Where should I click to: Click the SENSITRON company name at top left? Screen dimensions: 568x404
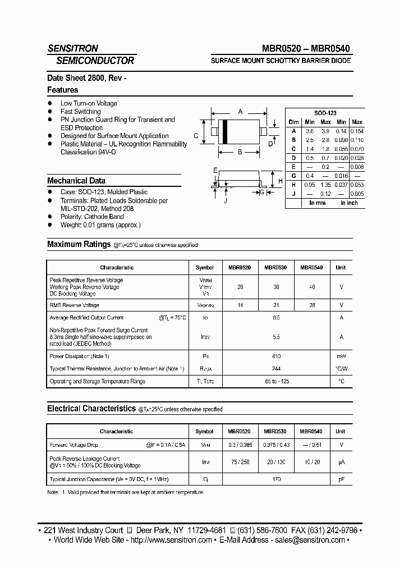72,49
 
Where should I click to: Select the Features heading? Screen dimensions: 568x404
62,90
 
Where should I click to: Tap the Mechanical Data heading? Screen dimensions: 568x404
76,181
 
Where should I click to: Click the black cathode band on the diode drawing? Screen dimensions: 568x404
225,132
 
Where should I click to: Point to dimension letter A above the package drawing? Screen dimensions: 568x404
240,112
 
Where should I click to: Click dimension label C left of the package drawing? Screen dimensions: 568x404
196,135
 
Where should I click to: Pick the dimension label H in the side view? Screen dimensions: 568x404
280,181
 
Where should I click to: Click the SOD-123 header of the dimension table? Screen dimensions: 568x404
325,113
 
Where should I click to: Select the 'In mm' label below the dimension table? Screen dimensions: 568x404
317,203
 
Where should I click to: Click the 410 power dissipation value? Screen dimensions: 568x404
276,356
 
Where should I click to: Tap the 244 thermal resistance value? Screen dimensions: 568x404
276,369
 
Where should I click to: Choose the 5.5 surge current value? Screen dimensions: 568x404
276,337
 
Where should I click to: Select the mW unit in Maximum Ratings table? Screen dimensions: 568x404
341,356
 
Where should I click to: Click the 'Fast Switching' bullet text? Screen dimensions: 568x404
80,112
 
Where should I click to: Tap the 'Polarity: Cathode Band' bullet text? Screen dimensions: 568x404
92,217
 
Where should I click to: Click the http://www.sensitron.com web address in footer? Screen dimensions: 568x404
172,540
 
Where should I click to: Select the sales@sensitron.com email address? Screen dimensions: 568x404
309,540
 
